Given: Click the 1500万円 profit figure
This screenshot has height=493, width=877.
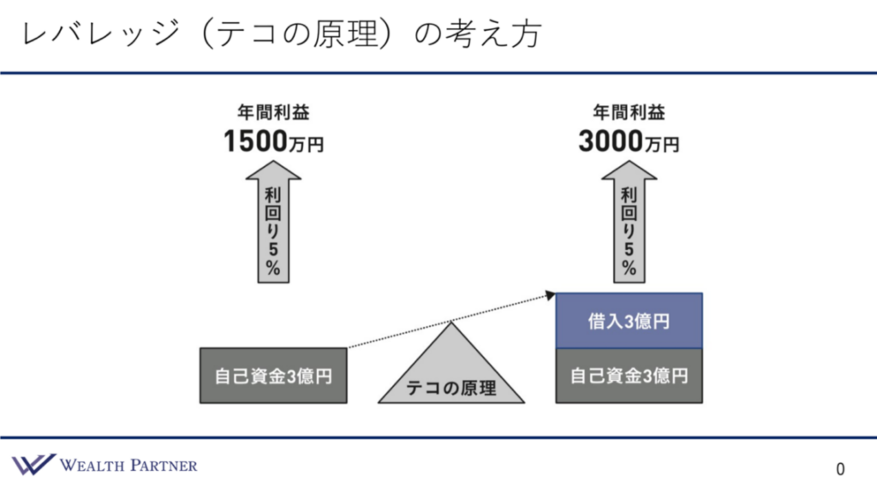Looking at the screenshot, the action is (273, 141).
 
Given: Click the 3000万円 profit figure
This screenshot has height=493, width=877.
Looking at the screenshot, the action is (629, 141).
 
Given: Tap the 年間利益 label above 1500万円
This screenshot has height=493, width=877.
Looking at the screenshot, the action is (273, 112).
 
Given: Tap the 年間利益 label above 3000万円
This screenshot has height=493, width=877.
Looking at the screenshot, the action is (629, 112).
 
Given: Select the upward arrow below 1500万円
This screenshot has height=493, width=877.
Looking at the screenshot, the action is (273, 222).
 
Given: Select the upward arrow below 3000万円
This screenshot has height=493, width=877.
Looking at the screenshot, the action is (629, 222).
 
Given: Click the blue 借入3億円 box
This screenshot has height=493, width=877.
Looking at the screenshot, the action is (629, 321).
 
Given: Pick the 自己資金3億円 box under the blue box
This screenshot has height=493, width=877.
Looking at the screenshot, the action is (629, 376).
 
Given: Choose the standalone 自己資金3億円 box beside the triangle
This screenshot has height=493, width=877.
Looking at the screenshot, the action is (273, 376).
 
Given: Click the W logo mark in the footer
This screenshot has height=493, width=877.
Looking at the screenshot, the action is (33, 465).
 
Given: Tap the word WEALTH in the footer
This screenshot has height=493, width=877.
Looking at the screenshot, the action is (92, 465).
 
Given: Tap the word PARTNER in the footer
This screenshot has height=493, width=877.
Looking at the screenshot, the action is (164, 465).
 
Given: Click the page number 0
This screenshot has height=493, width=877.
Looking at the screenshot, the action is (840, 469).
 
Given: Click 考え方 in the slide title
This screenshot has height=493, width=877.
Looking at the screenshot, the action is (493, 33).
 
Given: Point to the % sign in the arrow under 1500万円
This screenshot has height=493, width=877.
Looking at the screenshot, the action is (273, 268).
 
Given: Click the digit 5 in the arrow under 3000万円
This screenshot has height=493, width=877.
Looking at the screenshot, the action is (629, 249).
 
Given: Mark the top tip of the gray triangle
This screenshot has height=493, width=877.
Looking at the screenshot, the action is (451, 323).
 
